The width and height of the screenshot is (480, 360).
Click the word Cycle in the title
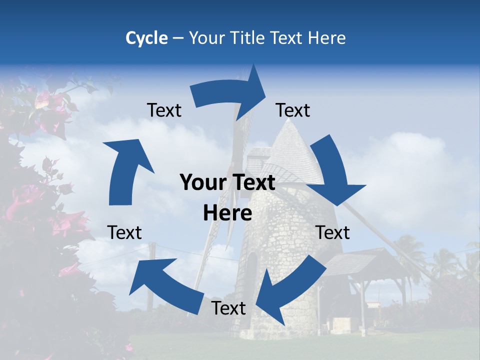146,38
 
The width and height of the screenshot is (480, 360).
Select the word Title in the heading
248,38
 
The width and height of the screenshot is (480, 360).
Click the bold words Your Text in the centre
227,183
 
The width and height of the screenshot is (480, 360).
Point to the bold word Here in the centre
227,213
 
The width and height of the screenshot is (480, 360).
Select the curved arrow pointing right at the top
230,92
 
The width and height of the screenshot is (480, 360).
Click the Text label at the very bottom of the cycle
228,308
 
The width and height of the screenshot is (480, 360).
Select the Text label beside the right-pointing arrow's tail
164,110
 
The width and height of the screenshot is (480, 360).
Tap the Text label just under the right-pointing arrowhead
293,110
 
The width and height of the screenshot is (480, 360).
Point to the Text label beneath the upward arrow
124,232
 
